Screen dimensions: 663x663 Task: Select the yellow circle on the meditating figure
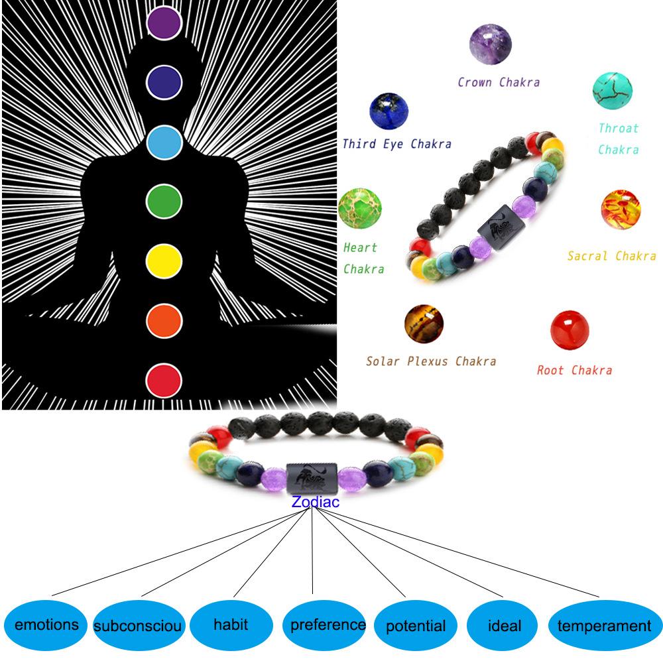(x=164, y=260)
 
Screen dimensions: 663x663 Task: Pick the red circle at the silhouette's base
(x=164, y=381)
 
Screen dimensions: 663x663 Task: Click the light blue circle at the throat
(x=164, y=142)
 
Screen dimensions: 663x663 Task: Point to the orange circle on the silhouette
(x=164, y=321)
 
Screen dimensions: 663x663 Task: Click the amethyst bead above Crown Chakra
(x=490, y=44)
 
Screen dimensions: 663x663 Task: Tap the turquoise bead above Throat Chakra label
(x=613, y=91)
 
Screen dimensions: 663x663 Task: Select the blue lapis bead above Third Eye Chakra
(x=389, y=111)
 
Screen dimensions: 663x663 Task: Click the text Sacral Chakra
(x=611, y=256)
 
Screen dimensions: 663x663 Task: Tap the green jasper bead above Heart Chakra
(x=360, y=208)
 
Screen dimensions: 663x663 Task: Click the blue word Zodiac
(x=315, y=502)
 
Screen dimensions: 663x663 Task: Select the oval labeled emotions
(x=46, y=625)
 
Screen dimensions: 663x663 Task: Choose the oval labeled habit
(x=231, y=625)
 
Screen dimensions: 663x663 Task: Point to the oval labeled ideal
(x=505, y=626)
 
